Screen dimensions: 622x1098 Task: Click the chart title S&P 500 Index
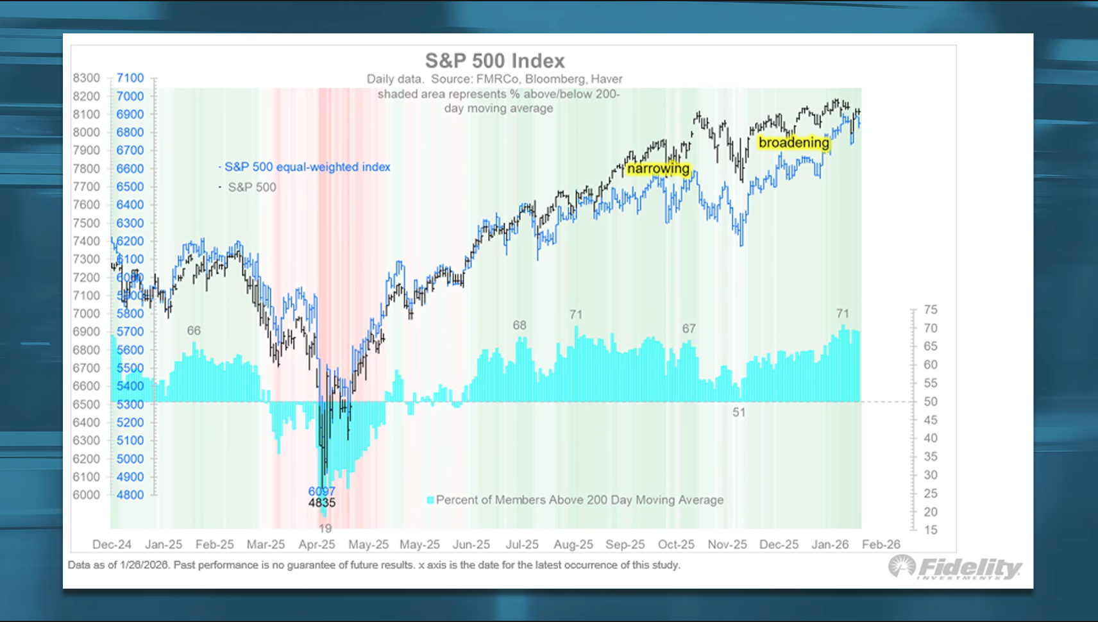(x=494, y=61)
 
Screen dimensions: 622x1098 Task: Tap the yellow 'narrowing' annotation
(x=658, y=169)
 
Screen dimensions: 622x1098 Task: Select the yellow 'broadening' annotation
(x=793, y=142)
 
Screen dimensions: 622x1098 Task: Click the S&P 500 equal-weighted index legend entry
(x=307, y=167)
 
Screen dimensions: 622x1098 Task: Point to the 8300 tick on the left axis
(x=86, y=78)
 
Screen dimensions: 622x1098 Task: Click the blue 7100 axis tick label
(x=130, y=78)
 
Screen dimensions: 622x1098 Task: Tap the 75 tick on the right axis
(x=930, y=310)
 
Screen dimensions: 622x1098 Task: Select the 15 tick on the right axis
(x=930, y=530)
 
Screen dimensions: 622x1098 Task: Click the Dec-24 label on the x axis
(x=112, y=544)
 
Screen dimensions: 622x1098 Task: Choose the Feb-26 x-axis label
(x=881, y=544)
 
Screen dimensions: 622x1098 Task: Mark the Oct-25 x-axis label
(x=676, y=544)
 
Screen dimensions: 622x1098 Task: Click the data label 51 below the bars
(x=739, y=412)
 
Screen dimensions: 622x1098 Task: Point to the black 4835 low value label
(x=321, y=503)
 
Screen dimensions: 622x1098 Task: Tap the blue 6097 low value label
(x=321, y=491)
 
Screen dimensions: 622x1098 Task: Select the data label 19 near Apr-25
(x=325, y=528)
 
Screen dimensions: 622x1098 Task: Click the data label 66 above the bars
(x=194, y=331)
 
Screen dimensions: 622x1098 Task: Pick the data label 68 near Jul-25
(x=519, y=326)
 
